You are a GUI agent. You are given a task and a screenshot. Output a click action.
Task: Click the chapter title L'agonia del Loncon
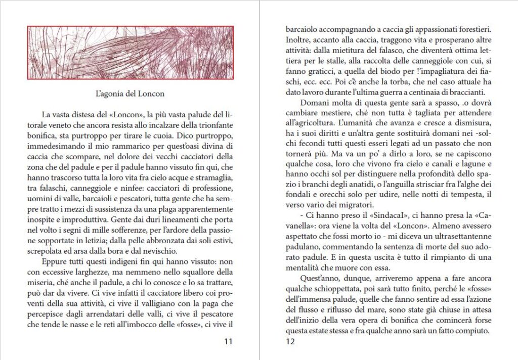(130, 94)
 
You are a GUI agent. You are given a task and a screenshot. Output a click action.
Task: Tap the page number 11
(228, 341)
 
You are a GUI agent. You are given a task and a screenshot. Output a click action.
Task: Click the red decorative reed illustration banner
(130, 53)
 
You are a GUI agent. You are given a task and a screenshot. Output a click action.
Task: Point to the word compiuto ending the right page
(473, 332)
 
